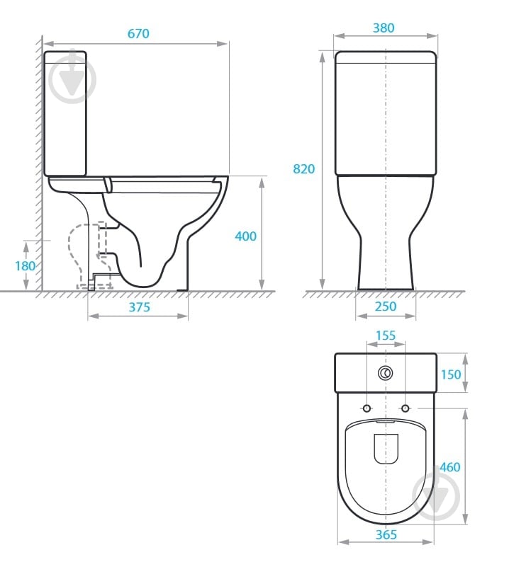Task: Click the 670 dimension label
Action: pyautogui.click(x=138, y=34)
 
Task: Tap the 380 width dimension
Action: pyautogui.click(x=384, y=28)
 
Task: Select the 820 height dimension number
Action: pyautogui.click(x=303, y=169)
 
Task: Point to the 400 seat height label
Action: pyautogui.click(x=245, y=236)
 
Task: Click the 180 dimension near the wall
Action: pyautogui.click(x=25, y=266)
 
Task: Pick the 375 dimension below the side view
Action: pyautogui.click(x=139, y=307)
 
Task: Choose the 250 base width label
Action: pyautogui.click(x=386, y=306)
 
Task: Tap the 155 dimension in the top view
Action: pyautogui.click(x=386, y=336)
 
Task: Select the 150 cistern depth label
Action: pyautogui.click(x=450, y=374)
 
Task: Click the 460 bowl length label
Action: pyautogui.click(x=449, y=467)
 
